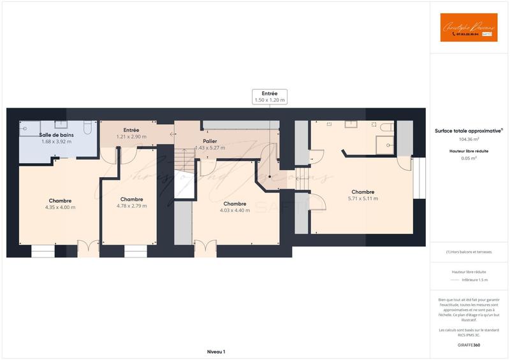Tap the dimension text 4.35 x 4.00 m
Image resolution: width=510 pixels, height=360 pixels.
(x=60, y=207)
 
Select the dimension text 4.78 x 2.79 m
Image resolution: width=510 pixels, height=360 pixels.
(x=131, y=206)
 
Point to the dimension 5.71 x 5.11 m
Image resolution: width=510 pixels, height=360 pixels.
(x=362, y=199)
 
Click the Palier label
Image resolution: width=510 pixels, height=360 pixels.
(x=210, y=141)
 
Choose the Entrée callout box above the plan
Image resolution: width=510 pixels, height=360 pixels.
(x=270, y=97)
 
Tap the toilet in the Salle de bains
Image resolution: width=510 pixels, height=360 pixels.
(x=87, y=127)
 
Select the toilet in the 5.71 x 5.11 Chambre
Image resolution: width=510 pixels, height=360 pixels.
(x=386, y=128)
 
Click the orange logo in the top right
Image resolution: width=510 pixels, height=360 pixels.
(x=469, y=27)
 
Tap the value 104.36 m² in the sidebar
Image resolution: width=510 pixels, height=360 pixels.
(x=469, y=139)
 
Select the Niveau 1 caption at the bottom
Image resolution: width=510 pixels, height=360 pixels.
(x=216, y=352)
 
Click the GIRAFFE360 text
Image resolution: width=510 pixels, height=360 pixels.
(x=469, y=345)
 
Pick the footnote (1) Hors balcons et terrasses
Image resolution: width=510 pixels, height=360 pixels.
(x=469, y=252)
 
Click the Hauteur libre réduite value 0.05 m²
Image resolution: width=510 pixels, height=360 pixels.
(x=469, y=158)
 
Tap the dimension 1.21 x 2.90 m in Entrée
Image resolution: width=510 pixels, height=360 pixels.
(x=131, y=136)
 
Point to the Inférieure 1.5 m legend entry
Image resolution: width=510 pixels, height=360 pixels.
(x=474, y=280)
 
